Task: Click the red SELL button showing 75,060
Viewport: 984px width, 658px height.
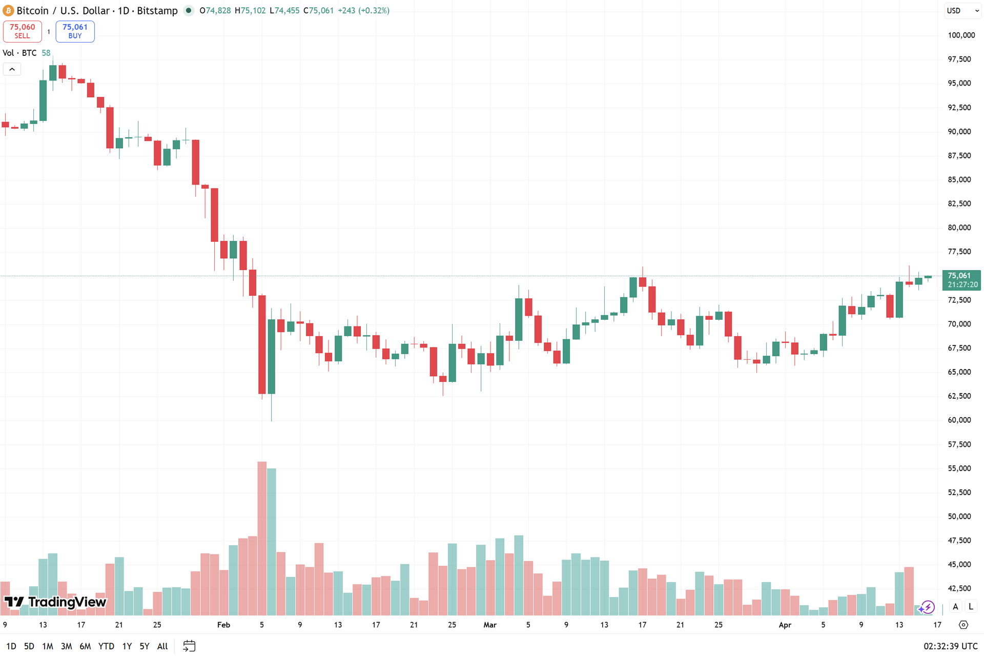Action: pyautogui.click(x=22, y=31)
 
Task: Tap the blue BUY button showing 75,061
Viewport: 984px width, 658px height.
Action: pyautogui.click(x=75, y=31)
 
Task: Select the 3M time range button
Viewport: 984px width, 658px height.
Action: pyautogui.click(x=66, y=646)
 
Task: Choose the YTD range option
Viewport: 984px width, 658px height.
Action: pyautogui.click(x=106, y=646)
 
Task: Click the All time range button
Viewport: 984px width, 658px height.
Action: pyautogui.click(x=162, y=646)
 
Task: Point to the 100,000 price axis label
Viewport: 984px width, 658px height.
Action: pyautogui.click(x=961, y=35)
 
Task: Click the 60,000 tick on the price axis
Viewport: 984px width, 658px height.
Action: pyautogui.click(x=959, y=420)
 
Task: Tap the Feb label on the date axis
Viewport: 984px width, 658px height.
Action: pyautogui.click(x=223, y=625)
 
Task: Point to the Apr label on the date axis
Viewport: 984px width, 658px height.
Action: pyautogui.click(x=785, y=625)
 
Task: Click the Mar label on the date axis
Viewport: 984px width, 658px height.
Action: pyautogui.click(x=490, y=625)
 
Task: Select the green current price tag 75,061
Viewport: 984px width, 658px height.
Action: pyautogui.click(x=961, y=280)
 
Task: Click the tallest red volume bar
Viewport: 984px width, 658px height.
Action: pyautogui.click(x=262, y=538)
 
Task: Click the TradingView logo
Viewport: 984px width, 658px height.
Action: pyautogui.click(x=55, y=602)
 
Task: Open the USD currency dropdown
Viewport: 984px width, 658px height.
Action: pyautogui.click(x=962, y=11)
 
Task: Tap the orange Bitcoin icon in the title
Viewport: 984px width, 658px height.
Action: pyautogui.click(x=8, y=11)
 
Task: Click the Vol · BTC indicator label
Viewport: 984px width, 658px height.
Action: pyautogui.click(x=19, y=53)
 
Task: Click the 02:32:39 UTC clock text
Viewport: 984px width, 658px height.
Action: pyautogui.click(x=950, y=646)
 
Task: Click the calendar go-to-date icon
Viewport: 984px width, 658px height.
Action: pyautogui.click(x=189, y=646)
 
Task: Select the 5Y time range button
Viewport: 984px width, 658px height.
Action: pyautogui.click(x=145, y=646)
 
